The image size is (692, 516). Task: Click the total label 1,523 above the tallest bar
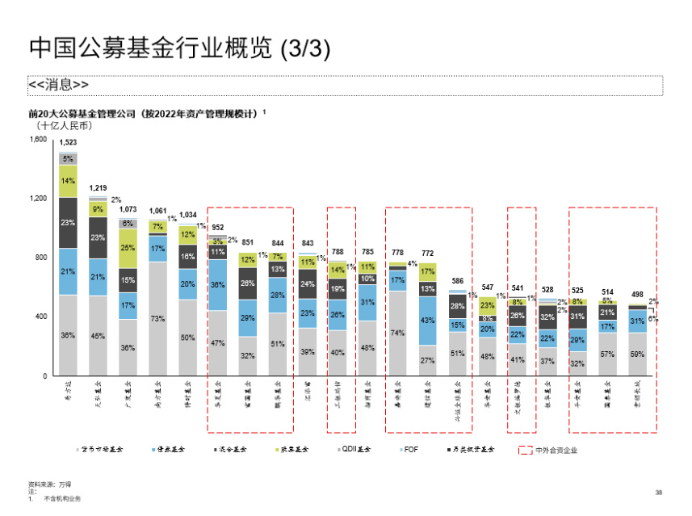[69, 142]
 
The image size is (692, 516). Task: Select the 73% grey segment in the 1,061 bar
[158, 318]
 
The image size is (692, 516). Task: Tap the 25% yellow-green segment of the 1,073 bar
[128, 248]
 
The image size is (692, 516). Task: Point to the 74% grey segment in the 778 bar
[397, 332]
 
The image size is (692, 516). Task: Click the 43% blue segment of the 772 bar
[427, 321]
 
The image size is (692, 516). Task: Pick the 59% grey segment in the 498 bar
[638, 354]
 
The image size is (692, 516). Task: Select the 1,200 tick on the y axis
[37, 199]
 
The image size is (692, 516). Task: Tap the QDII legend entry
[358, 450]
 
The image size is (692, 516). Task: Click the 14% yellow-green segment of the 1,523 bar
[69, 181]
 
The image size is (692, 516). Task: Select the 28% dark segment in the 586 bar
[458, 305]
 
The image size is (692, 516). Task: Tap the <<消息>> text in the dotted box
[58, 85]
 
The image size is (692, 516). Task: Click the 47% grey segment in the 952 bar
[218, 343]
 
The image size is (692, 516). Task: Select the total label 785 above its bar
[367, 252]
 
